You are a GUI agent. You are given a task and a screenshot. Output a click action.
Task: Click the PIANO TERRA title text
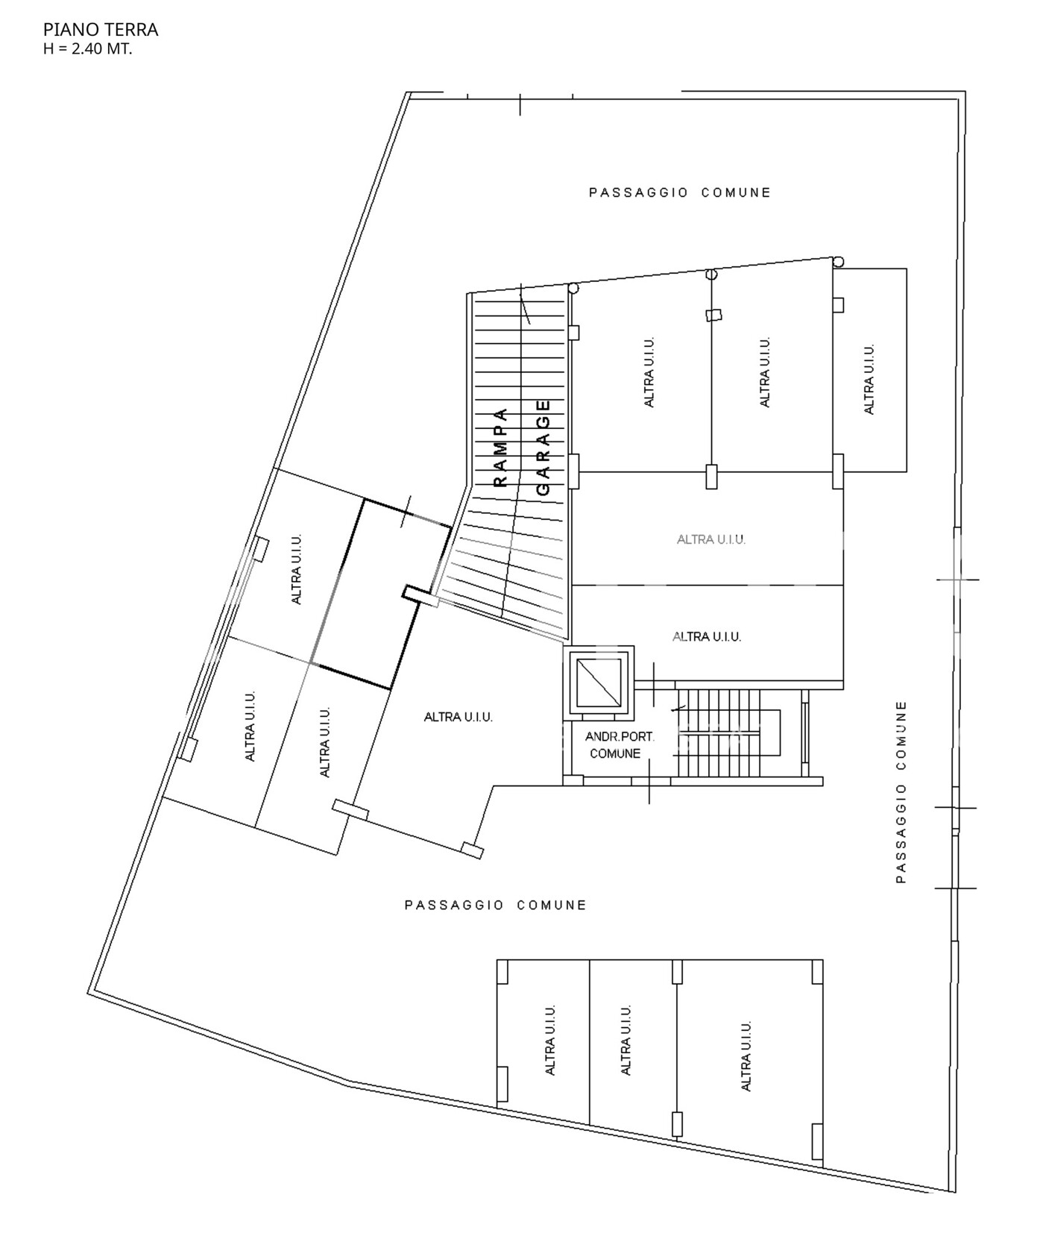[x=101, y=30]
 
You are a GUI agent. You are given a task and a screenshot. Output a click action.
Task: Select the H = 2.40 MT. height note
[x=88, y=50]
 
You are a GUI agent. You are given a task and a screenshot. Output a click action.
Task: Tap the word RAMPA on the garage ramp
[x=501, y=448]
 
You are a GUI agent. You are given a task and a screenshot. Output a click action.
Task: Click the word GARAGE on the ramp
[x=543, y=448]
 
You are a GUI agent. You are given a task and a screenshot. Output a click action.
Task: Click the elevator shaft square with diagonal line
[x=599, y=682]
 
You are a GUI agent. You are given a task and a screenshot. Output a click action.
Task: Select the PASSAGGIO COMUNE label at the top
[x=680, y=192]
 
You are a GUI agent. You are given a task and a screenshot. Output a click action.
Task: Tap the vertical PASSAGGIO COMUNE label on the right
[x=901, y=791]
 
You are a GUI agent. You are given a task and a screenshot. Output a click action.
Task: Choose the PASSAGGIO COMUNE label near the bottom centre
[x=496, y=905]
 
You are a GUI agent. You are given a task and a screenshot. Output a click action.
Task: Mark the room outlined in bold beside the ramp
[x=381, y=594]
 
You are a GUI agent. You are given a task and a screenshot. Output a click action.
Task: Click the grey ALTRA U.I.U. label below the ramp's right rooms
[x=711, y=539]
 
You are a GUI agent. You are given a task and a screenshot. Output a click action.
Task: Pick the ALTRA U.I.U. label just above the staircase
[x=707, y=636]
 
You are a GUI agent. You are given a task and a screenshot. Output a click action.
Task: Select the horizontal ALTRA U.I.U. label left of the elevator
[x=459, y=717]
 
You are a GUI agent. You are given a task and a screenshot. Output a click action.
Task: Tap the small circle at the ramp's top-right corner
[x=573, y=288]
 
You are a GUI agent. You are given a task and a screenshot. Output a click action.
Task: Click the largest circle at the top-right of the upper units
[x=839, y=262]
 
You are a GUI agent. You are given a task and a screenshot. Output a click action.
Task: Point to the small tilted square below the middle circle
[x=714, y=315]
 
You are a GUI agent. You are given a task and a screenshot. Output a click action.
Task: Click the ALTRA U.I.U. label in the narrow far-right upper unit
[x=869, y=379]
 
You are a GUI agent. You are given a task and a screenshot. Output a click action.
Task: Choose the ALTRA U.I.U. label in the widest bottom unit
[x=746, y=1056]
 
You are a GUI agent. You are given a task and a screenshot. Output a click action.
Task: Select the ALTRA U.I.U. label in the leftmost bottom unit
[x=551, y=1040]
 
